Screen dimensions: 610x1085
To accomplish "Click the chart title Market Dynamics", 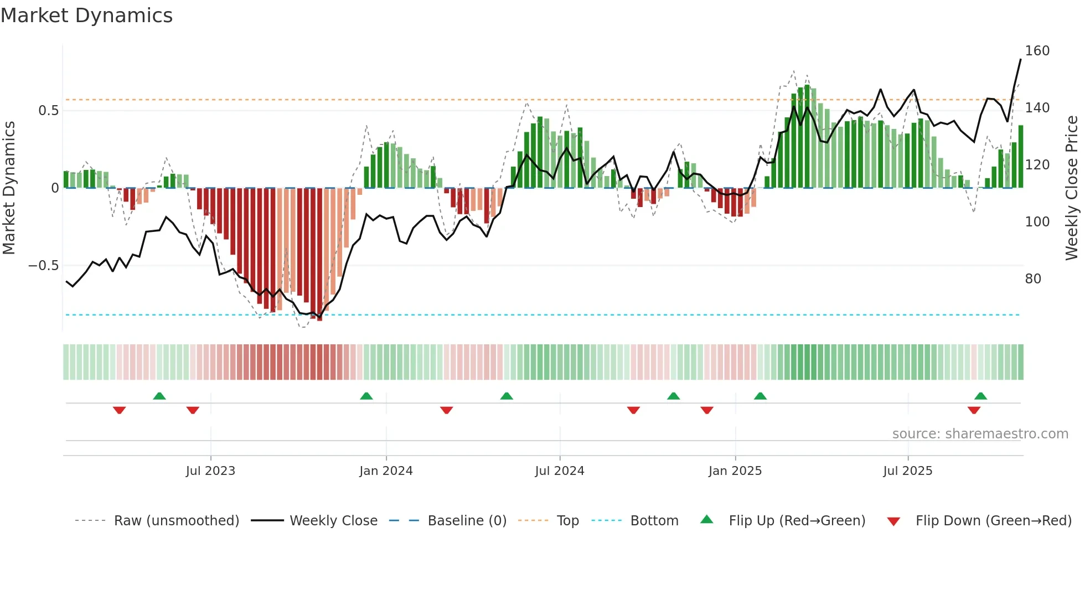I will click(86, 15).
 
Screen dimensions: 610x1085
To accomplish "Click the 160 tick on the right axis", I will click(1037, 51).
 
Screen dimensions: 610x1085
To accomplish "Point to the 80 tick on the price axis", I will click(1032, 278).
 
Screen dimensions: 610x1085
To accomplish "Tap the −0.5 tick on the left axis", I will click(43, 266).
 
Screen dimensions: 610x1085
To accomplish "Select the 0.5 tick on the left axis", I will click(48, 111).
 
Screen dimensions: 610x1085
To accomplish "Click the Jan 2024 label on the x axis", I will click(386, 471).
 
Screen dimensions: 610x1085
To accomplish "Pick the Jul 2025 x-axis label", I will click(907, 471).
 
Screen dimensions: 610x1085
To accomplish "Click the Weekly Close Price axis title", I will click(1072, 188).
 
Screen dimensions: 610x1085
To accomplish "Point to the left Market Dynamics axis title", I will click(9, 188).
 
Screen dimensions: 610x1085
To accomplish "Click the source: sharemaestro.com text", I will click(980, 434).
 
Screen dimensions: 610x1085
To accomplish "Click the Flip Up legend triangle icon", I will click(707, 520).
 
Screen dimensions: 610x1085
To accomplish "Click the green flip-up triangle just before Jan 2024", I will click(366, 396).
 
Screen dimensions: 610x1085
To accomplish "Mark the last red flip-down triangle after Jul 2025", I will click(974, 410).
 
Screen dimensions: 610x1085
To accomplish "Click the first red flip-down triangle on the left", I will click(119, 410).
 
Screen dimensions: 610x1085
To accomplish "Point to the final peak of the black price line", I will click(1020, 60).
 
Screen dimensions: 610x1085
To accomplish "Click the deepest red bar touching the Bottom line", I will click(319, 255).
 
